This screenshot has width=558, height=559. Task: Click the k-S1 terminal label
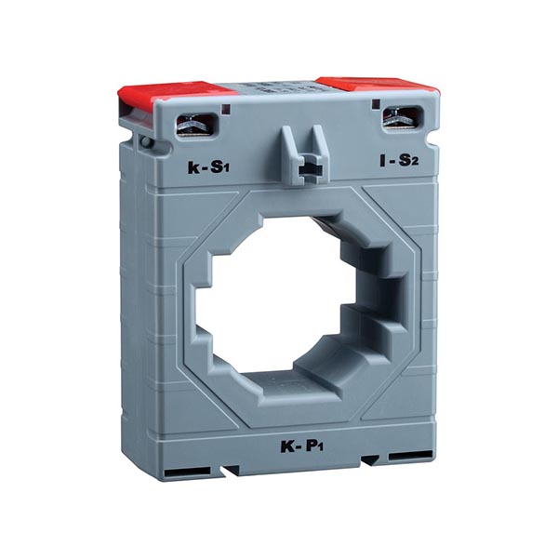click(208, 167)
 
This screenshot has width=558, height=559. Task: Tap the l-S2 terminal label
click(399, 160)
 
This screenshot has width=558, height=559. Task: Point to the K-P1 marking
click(302, 446)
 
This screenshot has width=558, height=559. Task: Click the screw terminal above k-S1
click(196, 125)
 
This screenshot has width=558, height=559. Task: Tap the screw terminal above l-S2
click(403, 118)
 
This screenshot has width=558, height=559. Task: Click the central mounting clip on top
click(304, 154)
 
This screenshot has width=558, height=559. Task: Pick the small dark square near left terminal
click(226, 109)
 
